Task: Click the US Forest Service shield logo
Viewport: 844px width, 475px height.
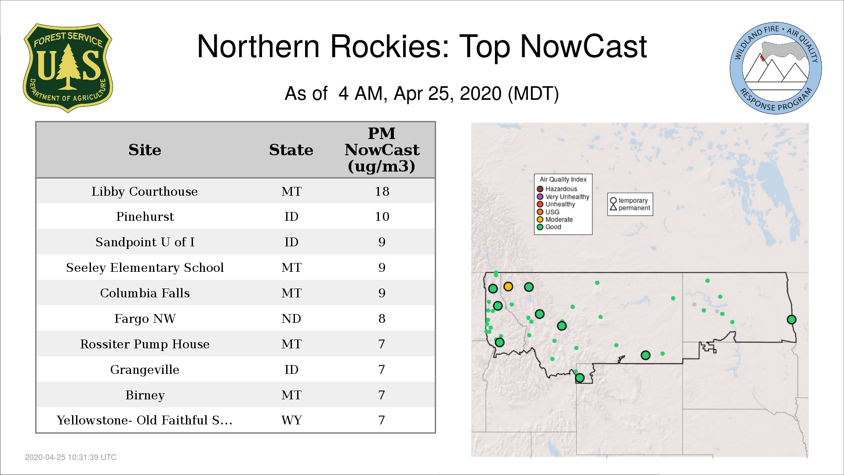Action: tap(68, 68)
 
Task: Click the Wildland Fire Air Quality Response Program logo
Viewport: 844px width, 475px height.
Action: tap(776, 68)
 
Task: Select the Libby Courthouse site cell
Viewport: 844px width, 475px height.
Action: tap(145, 191)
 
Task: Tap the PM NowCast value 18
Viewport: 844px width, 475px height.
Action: tap(382, 191)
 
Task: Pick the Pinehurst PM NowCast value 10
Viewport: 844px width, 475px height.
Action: tap(382, 216)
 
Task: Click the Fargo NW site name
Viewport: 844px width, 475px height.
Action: tap(145, 318)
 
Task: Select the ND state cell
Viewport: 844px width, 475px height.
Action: tap(291, 318)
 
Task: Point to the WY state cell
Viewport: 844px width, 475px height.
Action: tap(291, 420)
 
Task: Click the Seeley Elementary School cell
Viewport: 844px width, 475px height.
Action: tap(145, 267)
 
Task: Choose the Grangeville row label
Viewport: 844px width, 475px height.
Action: tap(145, 369)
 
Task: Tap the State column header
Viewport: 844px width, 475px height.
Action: tap(291, 150)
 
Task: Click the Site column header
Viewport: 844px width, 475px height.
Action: tap(145, 150)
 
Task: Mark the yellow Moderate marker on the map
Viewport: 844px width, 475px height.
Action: tap(508, 287)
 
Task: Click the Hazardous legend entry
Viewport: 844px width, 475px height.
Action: tap(557, 189)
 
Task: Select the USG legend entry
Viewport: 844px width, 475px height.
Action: tap(548, 212)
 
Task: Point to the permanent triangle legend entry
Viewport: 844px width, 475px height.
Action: tap(630, 208)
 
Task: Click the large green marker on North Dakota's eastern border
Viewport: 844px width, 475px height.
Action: tap(791, 320)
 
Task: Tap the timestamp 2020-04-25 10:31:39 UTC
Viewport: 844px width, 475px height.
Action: tap(71, 457)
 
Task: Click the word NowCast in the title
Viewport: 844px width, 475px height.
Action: tap(583, 47)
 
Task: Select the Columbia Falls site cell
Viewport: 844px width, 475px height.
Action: tap(145, 293)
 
